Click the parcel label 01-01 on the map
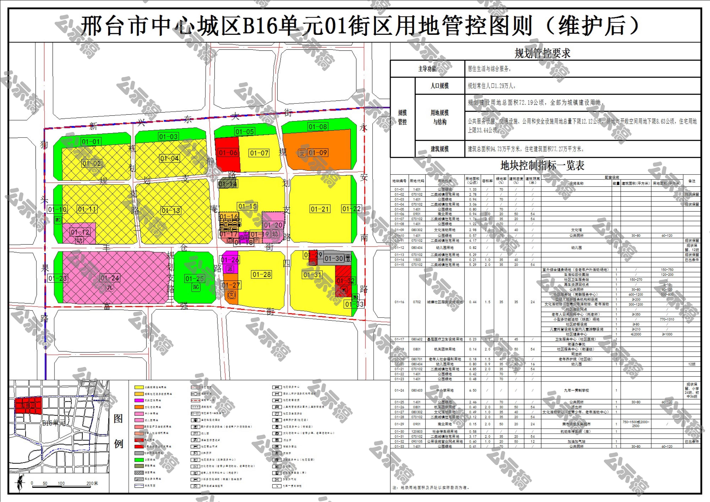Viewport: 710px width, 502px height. click(91, 142)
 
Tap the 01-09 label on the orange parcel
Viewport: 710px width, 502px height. click(318, 153)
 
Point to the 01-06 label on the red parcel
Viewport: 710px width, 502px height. click(228, 153)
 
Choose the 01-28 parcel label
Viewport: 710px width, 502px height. click(262, 275)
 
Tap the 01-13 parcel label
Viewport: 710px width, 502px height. click(171, 211)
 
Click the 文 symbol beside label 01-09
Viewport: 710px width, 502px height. click(302, 153)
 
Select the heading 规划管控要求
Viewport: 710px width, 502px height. click(542, 53)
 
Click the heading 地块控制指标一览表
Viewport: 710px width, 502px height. click(542, 166)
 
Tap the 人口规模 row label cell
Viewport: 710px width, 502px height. click(439, 86)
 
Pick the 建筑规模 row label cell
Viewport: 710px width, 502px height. click(439, 149)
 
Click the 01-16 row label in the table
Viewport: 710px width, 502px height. click(399, 302)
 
